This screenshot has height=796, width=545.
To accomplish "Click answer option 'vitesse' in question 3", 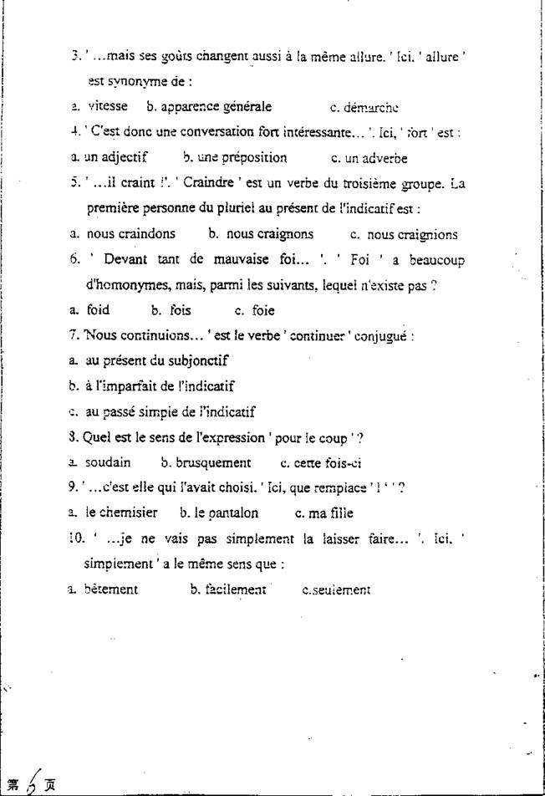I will coord(107,106).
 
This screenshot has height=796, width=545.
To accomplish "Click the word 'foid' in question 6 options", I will coord(98,310).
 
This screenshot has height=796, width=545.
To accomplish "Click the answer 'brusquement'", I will coord(212,462).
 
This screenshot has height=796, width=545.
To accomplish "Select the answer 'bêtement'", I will coord(111,589).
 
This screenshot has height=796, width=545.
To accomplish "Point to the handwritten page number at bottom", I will coord(32,783).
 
